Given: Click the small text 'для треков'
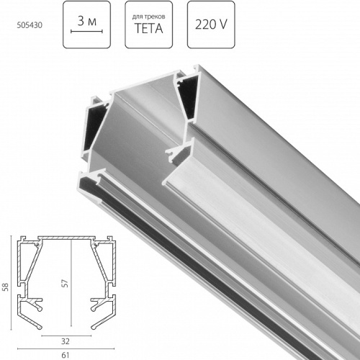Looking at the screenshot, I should click(x=148, y=15).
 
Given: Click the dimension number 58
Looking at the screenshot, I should click(x=6, y=287).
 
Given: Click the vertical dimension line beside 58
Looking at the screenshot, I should click(x=14, y=287).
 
